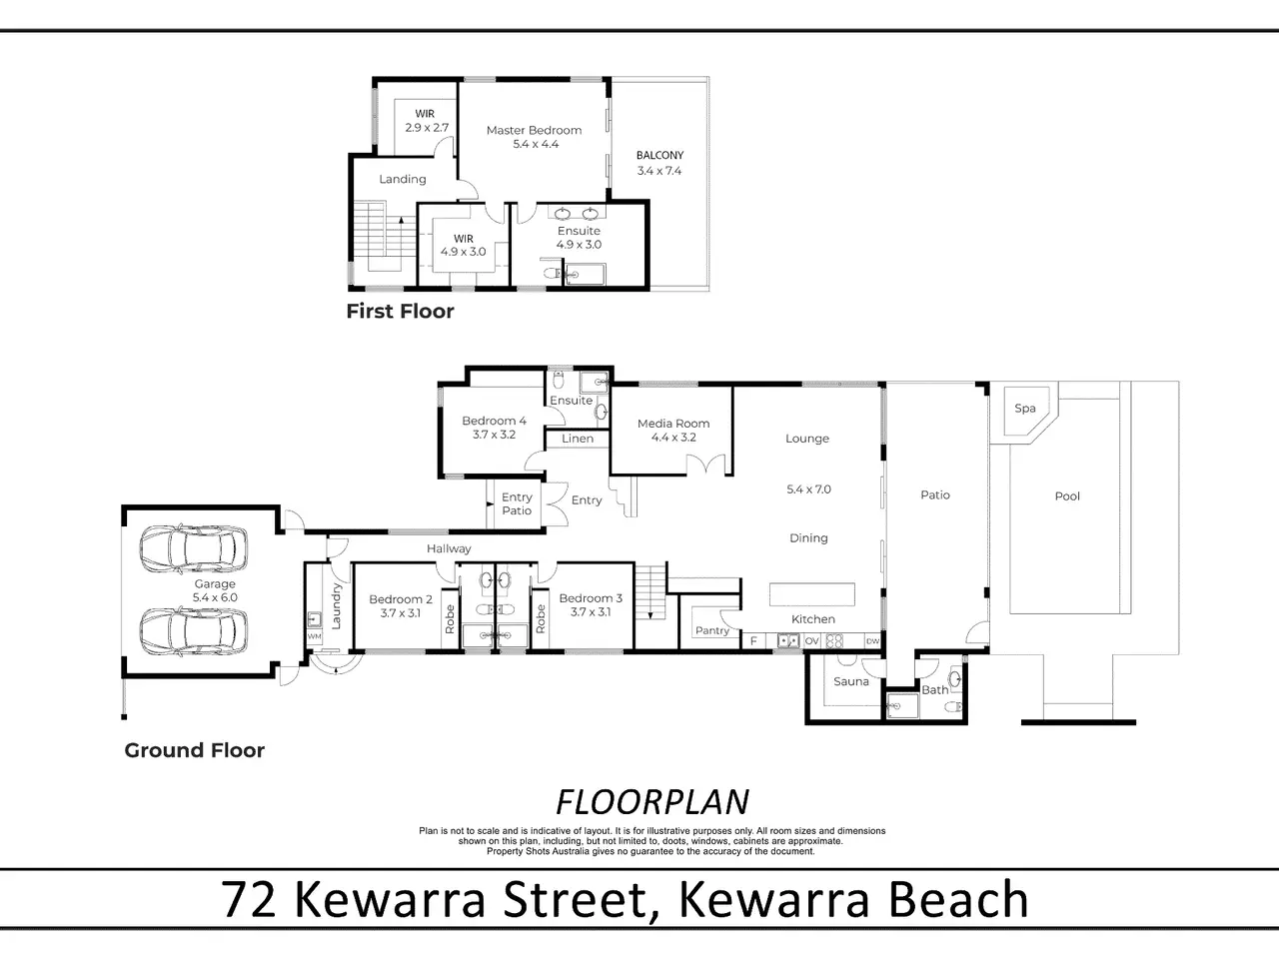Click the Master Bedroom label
pyautogui.click(x=535, y=131)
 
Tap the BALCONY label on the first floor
pyautogui.click(x=659, y=156)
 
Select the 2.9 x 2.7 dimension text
pyautogui.click(x=427, y=128)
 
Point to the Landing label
pyautogui.click(x=403, y=180)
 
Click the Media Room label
pyautogui.click(x=673, y=424)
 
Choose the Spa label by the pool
pyautogui.click(x=1025, y=409)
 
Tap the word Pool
pyautogui.click(x=1067, y=496)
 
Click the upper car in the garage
pyautogui.click(x=193, y=548)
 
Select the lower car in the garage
pyautogui.click(x=193, y=631)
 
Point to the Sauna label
pyautogui.click(x=851, y=681)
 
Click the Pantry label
pyautogui.click(x=712, y=630)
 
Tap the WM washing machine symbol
pyautogui.click(x=314, y=636)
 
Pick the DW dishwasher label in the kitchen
pyautogui.click(x=872, y=641)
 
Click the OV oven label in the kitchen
pyautogui.click(x=811, y=641)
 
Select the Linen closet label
pyautogui.click(x=578, y=439)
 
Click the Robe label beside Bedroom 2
pyautogui.click(x=450, y=619)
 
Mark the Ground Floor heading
pyautogui.click(x=195, y=750)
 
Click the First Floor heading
pyautogui.click(x=401, y=312)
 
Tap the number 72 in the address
pyautogui.click(x=249, y=900)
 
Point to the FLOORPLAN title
pyautogui.click(x=652, y=802)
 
